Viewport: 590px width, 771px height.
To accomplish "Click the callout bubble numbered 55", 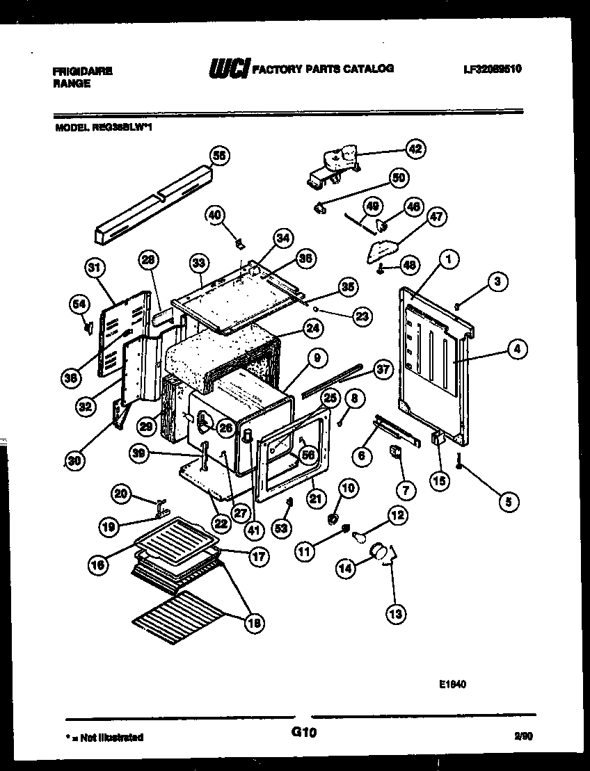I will pos(219,156).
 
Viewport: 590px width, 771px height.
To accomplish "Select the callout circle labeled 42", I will pos(415,149).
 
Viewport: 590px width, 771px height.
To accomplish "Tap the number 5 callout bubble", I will pos(509,501).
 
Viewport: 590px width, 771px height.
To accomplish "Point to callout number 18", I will pos(254,623).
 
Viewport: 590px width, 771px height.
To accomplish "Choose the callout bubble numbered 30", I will pos(74,460).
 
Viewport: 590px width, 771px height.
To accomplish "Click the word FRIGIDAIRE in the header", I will pos(82,71).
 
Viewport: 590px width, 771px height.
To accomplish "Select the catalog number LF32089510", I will pos(492,69).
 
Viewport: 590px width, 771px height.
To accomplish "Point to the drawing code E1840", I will pos(452,684).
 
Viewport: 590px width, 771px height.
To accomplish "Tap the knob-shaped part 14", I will pos(378,553).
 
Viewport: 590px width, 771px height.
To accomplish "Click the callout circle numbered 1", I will pos(449,259).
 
